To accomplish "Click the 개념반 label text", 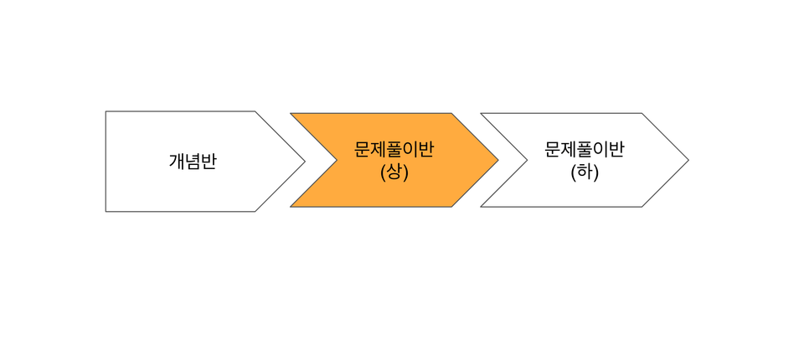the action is click(193, 161).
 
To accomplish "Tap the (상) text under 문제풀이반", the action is click(394, 172).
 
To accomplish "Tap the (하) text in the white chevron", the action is click(585, 172).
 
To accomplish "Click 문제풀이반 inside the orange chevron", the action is click(394, 150).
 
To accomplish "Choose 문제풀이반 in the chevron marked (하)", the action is click(585, 150).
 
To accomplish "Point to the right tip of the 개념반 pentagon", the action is click(305, 162).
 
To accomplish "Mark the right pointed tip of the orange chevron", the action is click(497, 160).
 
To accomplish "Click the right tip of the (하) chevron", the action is click(688, 160).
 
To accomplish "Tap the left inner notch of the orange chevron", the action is click(337, 160).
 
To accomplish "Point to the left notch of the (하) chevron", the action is click(527, 160).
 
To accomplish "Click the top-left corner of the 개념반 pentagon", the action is click(106, 111).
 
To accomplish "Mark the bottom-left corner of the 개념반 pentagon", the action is click(106, 211).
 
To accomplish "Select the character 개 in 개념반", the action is click(177, 161).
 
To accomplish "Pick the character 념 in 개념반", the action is click(193, 161).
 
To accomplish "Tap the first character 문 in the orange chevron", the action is click(363, 150).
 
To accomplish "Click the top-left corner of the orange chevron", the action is click(291, 113).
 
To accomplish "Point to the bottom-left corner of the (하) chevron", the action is click(481, 207).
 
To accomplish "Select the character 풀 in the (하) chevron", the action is click(585, 150).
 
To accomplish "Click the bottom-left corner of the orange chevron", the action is click(291, 207).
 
